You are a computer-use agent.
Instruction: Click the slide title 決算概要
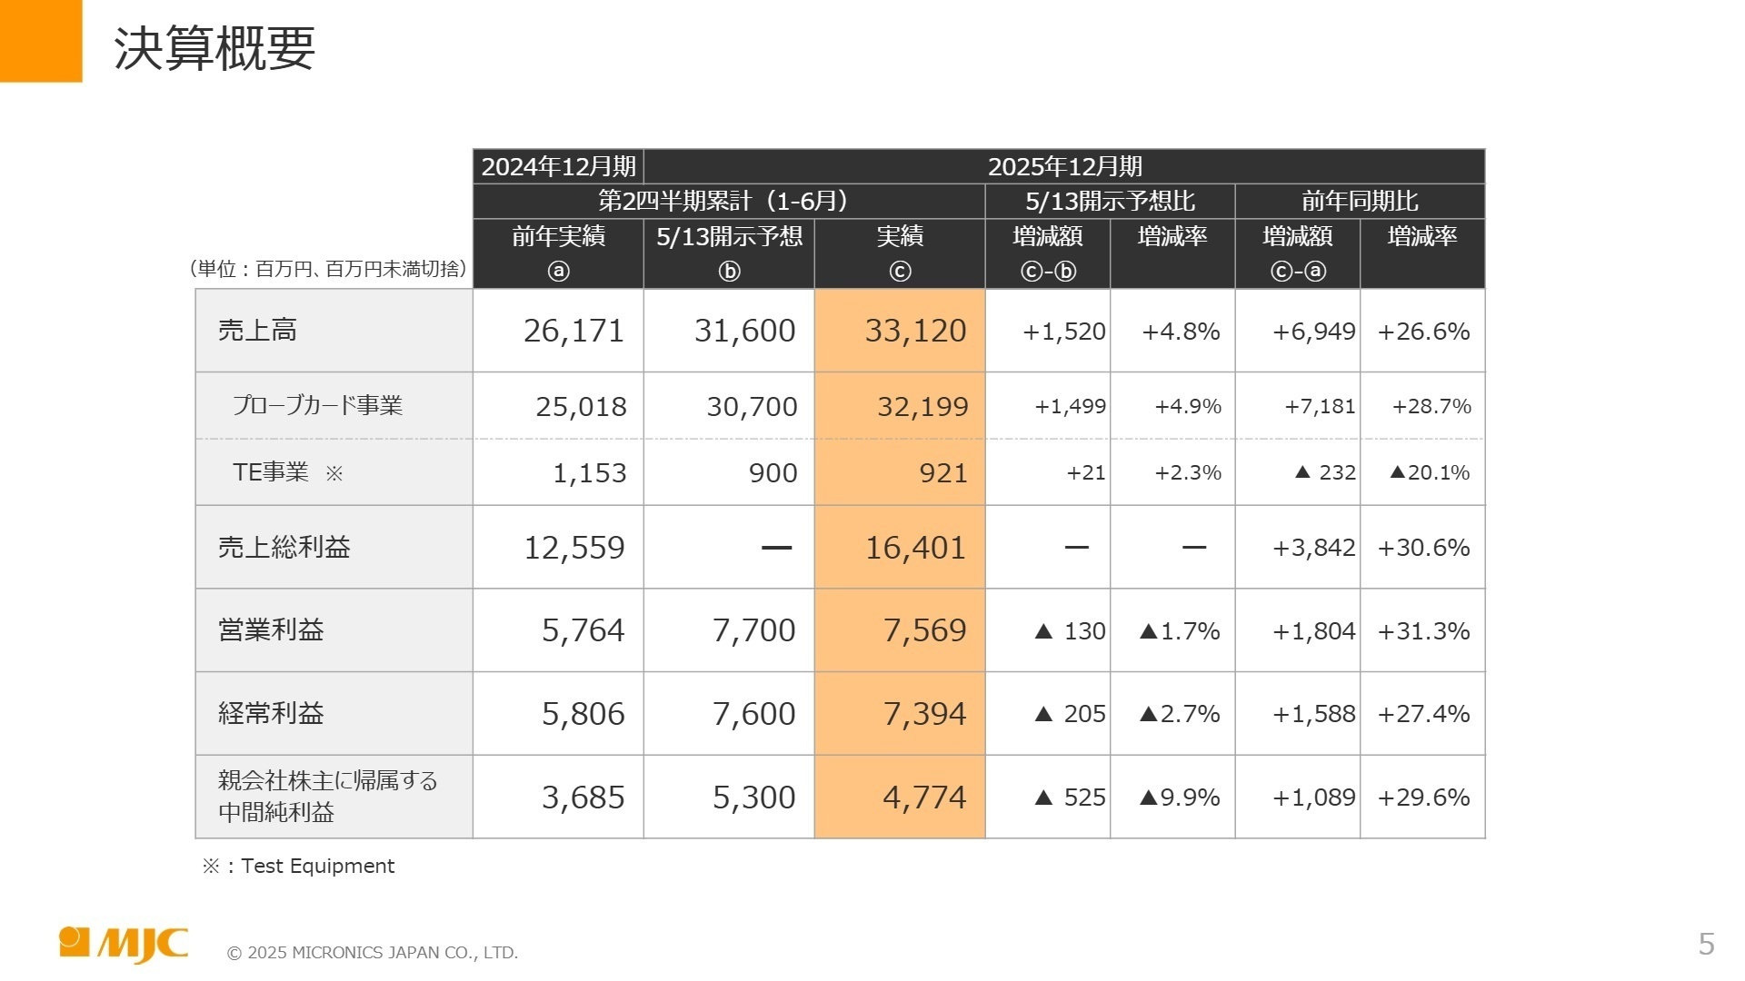pyautogui.click(x=214, y=48)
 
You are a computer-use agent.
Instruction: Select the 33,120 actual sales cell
pyautogui.click(x=914, y=331)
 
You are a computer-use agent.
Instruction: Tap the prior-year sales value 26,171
pyautogui.click(x=573, y=331)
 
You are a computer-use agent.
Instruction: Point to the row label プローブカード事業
pyautogui.click(x=317, y=405)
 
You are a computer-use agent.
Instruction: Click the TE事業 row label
pyautogui.click(x=271, y=472)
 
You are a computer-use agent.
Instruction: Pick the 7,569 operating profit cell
pyautogui.click(x=924, y=630)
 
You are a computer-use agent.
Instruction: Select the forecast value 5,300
pyautogui.click(x=753, y=798)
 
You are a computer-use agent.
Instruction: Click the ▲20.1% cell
pyautogui.click(x=1430, y=472)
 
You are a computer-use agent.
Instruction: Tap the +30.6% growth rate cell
pyautogui.click(x=1423, y=548)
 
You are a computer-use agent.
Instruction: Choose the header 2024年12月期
pyautogui.click(x=558, y=167)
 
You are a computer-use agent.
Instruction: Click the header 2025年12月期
pyautogui.click(x=1064, y=167)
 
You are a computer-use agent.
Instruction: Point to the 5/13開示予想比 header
pyautogui.click(x=1110, y=202)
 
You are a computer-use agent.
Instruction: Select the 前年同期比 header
pyautogui.click(x=1360, y=202)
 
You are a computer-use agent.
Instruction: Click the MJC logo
pyautogui.click(x=124, y=944)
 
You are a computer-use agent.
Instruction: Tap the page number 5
pyautogui.click(x=1706, y=945)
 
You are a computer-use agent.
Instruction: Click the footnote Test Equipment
pyautogui.click(x=317, y=866)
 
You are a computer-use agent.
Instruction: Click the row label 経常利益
pyautogui.click(x=271, y=714)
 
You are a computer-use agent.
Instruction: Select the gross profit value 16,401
pyautogui.click(x=914, y=548)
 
